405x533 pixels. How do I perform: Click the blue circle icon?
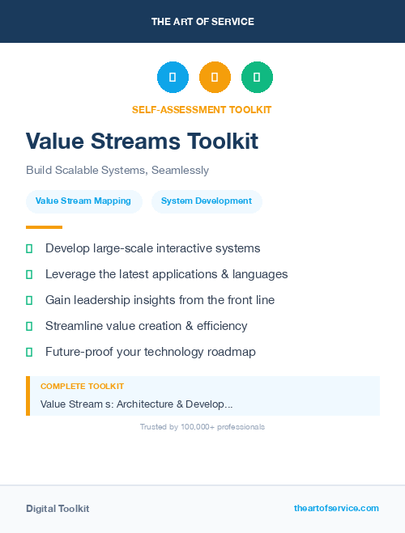tap(173, 77)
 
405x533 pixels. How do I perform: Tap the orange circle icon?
tap(215, 77)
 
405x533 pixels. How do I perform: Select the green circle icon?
tap(257, 77)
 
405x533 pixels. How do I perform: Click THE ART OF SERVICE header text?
tap(202, 21)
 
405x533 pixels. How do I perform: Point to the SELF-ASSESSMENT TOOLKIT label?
tap(202, 109)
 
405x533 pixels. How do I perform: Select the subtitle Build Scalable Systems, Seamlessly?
tap(117, 171)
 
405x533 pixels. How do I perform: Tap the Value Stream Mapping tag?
tap(83, 201)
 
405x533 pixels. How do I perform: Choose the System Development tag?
tap(207, 201)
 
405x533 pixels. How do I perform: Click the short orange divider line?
tap(44, 227)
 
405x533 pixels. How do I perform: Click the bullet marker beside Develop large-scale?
tap(29, 248)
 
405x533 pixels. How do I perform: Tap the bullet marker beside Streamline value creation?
tap(29, 326)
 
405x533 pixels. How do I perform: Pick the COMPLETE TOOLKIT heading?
tap(82, 387)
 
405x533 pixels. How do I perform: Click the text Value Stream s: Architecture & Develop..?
tap(136, 404)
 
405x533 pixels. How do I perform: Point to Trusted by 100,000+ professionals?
tap(202, 426)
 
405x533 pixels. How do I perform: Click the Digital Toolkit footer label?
tap(58, 509)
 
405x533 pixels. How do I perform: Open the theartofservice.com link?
tap(336, 508)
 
